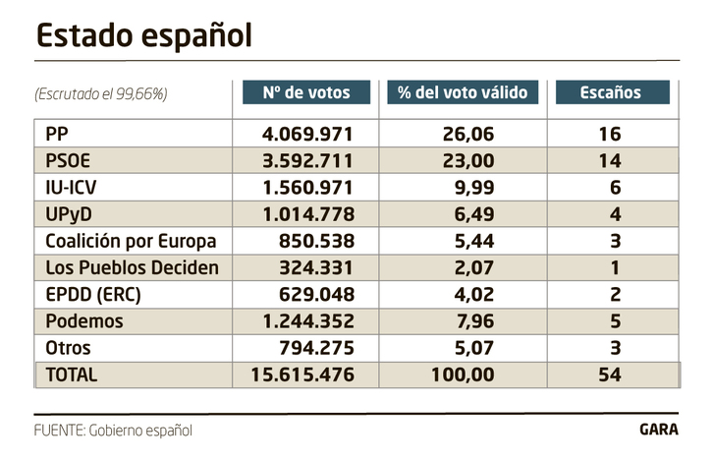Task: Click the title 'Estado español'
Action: (x=144, y=35)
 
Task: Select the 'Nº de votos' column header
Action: (x=306, y=92)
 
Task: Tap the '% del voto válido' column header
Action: (x=462, y=92)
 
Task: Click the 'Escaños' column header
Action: (x=612, y=92)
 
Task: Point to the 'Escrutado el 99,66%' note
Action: (x=101, y=94)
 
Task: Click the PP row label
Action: (x=58, y=134)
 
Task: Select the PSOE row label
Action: (x=69, y=160)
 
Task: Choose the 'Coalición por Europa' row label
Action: (x=131, y=241)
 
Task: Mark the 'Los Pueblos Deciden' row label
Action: (x=131, y=267)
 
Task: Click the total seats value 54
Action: (x=610, y=375)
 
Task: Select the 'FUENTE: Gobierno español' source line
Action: (x=113, y=430)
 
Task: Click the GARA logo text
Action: (x=658, y=430)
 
